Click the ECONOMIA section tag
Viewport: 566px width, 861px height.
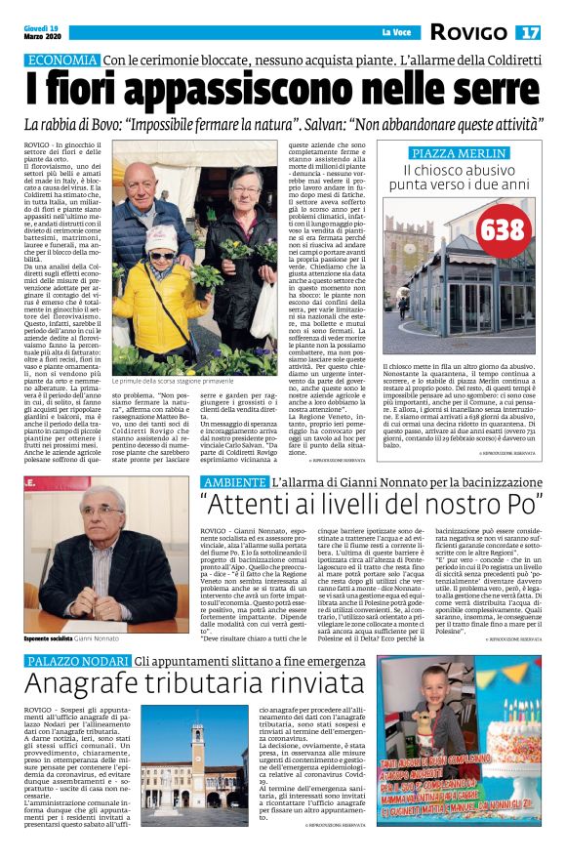pyautogui.click(x=61, y=61)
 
